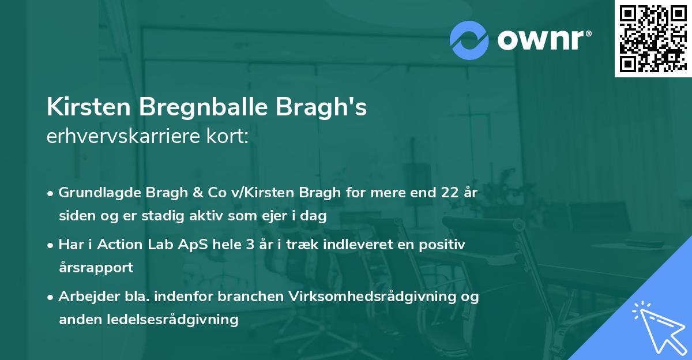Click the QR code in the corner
(x=653, y=38)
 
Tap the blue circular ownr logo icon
(x=469, y=40)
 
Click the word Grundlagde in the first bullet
(x=94, y=192)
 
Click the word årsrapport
(x=96, y=268)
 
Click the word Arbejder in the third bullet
(x=85, y=296)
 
